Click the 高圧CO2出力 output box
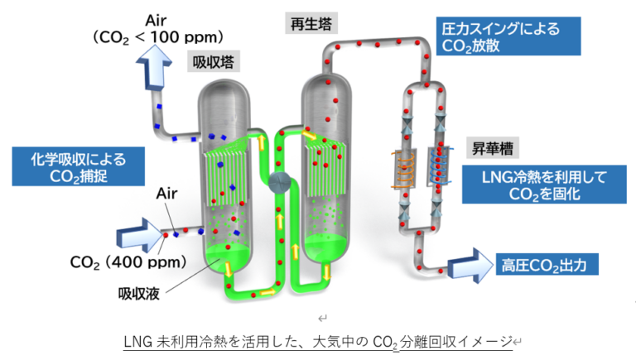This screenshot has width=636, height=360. coord(545,265)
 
